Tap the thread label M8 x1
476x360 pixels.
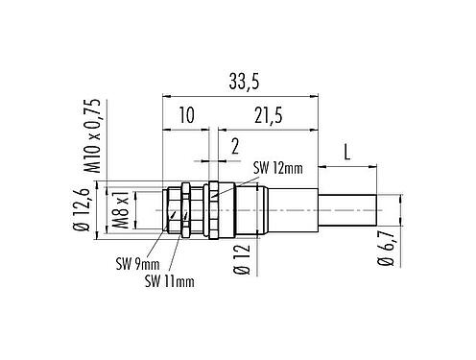click(121, 210)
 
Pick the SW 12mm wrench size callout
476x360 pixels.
click(278, 168)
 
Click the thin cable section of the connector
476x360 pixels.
click(345, 208)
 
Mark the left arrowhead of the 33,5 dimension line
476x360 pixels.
click(165, 95)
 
